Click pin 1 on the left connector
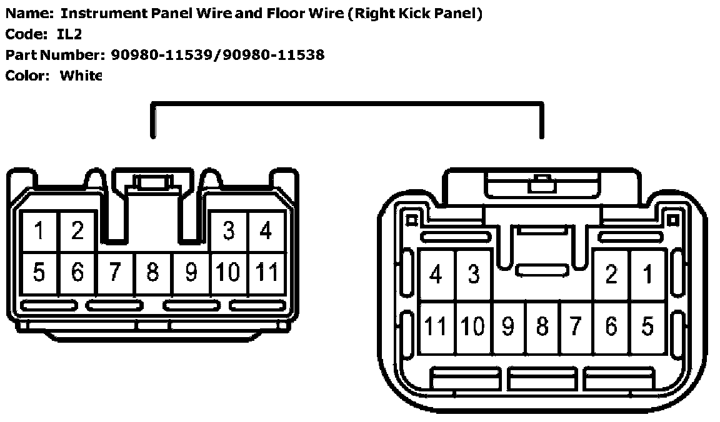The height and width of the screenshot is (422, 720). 39,231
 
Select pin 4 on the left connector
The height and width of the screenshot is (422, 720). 267,231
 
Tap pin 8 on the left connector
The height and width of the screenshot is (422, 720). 152,273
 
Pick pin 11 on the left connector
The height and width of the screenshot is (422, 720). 267,273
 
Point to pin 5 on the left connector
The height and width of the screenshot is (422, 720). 39,273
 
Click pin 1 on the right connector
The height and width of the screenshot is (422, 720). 647,275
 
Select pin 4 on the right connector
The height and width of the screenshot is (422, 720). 436,275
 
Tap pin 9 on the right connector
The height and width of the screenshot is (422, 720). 508,326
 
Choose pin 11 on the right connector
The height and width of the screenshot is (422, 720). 436,326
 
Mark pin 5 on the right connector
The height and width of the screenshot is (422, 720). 647,326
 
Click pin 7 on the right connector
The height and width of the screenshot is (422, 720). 576,326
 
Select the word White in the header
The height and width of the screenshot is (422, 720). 81,76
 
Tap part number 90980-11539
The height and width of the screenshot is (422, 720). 163,55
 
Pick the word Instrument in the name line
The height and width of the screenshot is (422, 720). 99,14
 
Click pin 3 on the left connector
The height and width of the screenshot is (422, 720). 229,231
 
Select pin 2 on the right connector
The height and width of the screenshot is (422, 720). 612,275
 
